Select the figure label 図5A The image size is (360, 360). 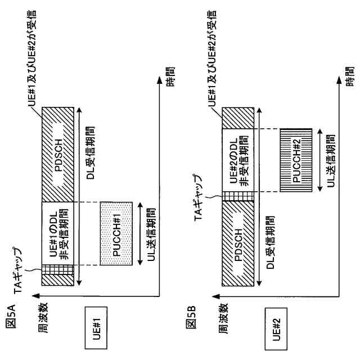click(10, 326)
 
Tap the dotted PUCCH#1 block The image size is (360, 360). click(118, 233)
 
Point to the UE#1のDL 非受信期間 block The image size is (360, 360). click(58, 233)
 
